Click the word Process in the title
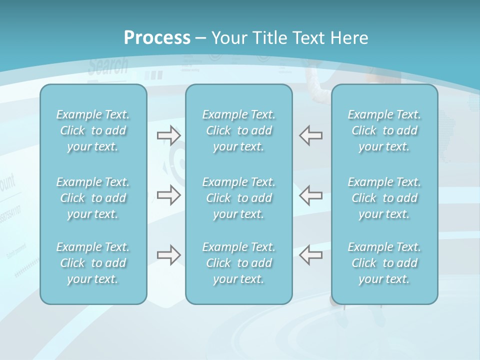click(x=157, y=38)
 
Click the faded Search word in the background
click(x=108, y=66)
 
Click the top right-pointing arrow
click(x=168, y=135)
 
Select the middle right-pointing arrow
click(x=168, y=195)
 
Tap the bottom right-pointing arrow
click(x=168, y=255)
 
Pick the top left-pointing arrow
click(x=310, y=135)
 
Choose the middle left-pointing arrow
click(x=310, y=195)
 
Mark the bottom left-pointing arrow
click(x=310, y=255)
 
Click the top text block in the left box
click(x=93, y=130)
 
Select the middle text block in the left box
click(x=93, y=198)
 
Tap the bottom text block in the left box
click(x=93, y=263)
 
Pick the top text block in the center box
click(x=238, y=130)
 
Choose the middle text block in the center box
click(x=238, y=198)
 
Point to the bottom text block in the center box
click(x=238, y=263)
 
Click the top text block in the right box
click(x=384, y=130)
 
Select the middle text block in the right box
click(x=384, y=198)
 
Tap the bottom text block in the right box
click(x=384, y=263)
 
